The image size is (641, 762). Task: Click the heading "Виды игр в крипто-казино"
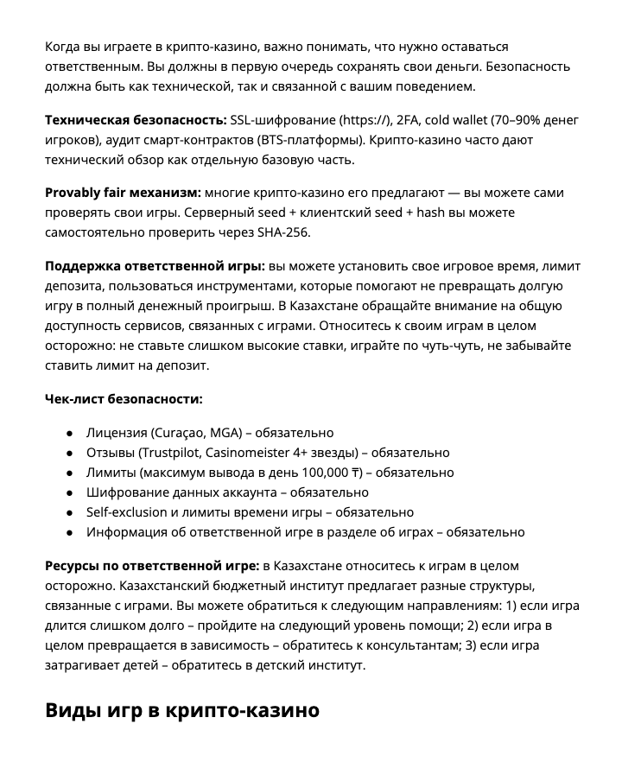click(x=182, y=710)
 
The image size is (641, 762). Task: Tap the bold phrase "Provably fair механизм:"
click(x=123, y=193)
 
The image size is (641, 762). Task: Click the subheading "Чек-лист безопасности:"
click(x=124, y=399)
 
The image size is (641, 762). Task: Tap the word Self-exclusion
click(x=126, y=512)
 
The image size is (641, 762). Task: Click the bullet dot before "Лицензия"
click(x=69, y=433)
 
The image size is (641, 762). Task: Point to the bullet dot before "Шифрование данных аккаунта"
click(x=69, y=492)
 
